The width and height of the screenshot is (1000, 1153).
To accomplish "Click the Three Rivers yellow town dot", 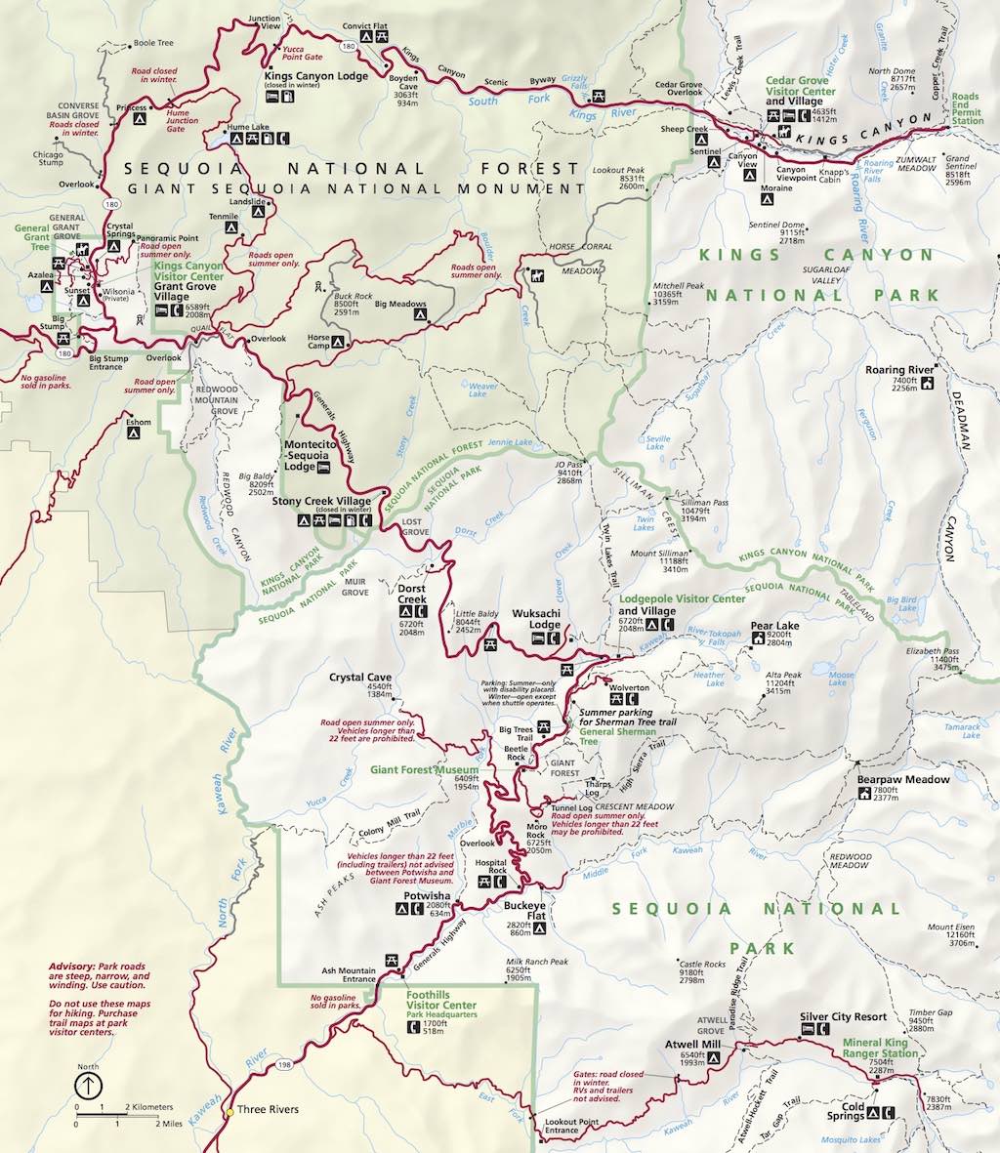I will pyautogui.click(x=229, y=1111).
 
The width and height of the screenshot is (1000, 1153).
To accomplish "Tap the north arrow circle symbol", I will pyautogui.click(x=88, y=1086).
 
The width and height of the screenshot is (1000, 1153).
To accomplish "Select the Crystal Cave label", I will pyautogui.click(x=360, y=677).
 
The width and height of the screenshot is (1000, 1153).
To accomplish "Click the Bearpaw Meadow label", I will pyautogui.click(x=903, y=780).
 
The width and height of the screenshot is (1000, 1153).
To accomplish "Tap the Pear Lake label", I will pyautogui.click(x=774, y=626).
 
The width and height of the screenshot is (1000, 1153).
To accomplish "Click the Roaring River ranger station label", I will pyautogui.click(x=899, y=370).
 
